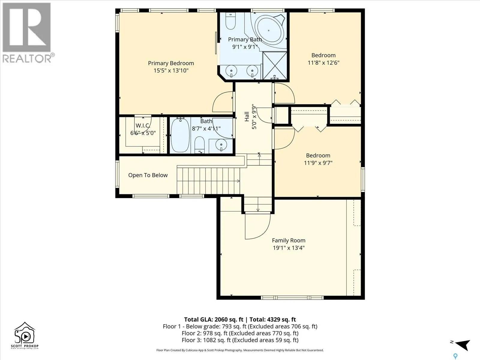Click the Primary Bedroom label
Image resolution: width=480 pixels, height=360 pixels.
[x=171, y=63]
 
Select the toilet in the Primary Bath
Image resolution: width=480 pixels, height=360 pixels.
[x=230, y=21]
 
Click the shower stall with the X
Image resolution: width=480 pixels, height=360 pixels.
[x=275, y=65]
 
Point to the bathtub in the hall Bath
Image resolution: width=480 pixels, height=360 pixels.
[x=180, y=135]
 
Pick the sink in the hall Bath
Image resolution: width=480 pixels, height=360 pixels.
[x=221, y=145]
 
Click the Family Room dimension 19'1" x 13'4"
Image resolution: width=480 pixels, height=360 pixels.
[x=289, y=248]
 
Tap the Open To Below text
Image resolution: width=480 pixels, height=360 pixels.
[x=148, y=175]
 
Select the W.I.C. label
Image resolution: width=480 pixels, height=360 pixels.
[x=143, y=126]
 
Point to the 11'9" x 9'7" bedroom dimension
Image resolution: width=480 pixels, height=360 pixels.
[x=318, y=163]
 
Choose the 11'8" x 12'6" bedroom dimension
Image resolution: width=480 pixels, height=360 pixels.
[x=323, y=63]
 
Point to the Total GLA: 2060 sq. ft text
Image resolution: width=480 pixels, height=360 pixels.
[x=214, y=319]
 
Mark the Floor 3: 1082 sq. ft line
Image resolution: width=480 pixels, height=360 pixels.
[x=240, y=340]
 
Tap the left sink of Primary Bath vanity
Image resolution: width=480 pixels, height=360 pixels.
[x=231, y=70]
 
